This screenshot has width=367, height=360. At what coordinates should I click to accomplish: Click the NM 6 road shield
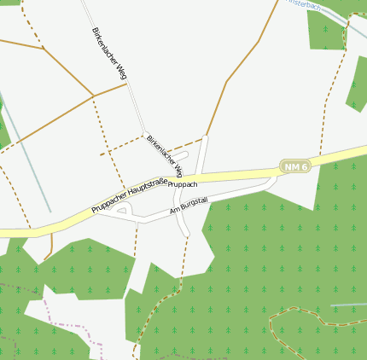click(295, 166)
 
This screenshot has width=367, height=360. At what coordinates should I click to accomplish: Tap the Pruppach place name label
click(183, 184)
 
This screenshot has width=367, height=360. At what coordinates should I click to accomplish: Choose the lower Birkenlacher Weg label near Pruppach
click(164, 154)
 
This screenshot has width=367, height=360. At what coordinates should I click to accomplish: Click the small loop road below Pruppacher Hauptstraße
click(122, 210)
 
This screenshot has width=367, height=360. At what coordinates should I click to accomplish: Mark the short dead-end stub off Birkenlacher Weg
click(180, 155)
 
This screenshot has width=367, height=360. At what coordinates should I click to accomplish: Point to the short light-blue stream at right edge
click(348, 304)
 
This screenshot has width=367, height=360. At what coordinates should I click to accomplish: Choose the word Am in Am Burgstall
click(175, 209)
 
